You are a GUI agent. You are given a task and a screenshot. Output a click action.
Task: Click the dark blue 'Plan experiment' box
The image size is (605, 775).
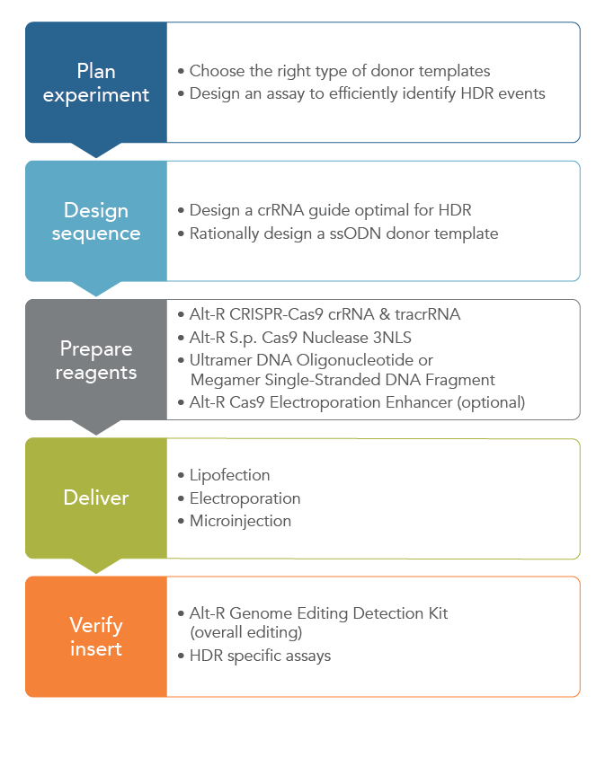coord(95,83)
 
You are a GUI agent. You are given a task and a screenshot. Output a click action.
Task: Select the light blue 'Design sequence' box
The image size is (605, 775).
coord(95,221)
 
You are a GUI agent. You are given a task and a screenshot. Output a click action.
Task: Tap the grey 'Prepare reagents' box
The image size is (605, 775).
coord(95,359)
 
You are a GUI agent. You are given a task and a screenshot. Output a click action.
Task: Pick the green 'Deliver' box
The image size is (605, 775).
coord(95,498)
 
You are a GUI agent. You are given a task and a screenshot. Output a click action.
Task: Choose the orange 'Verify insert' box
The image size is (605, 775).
coord(95,636)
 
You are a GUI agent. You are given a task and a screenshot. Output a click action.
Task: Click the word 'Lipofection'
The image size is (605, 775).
coord(229,475)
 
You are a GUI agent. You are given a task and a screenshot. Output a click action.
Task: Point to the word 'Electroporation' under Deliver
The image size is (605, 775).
coord(245,498)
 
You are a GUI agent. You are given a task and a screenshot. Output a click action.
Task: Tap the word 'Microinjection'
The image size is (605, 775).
coord(240,520)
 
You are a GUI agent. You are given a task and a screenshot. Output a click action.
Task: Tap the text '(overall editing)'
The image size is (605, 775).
coord(245,632)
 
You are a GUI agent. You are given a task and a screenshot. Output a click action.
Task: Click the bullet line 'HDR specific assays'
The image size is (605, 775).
coord(260,656)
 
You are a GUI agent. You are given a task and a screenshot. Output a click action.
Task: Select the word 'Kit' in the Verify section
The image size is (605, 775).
coord(435,613)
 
